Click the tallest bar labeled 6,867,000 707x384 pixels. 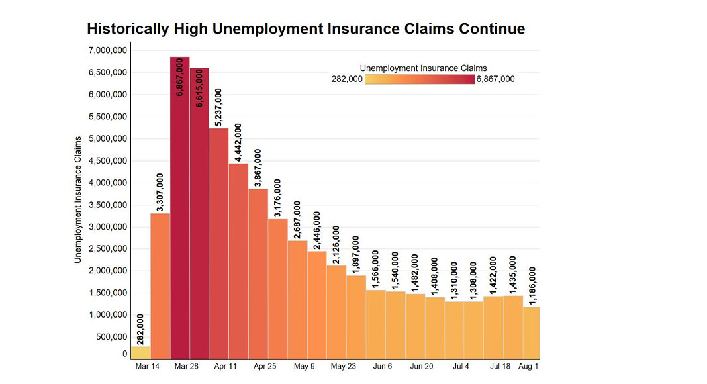(x=179, y=218)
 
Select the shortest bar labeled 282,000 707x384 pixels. (x=140, y=353)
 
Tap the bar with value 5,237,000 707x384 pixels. (x=218, y=245)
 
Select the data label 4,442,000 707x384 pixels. (x=238, y=142)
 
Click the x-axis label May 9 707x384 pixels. (x=305, y=366)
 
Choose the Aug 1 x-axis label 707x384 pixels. (x=528, y=366)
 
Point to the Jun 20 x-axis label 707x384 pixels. (x=422, y=366)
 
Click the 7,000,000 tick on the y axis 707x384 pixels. (x=107, y=50)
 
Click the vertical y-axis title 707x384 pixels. (x=77, y=199)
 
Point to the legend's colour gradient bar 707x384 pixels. (x=419, y=79)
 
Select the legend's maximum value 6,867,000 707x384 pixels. (x=495, y=79)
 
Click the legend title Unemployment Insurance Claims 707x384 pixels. (x=423, y=68)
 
